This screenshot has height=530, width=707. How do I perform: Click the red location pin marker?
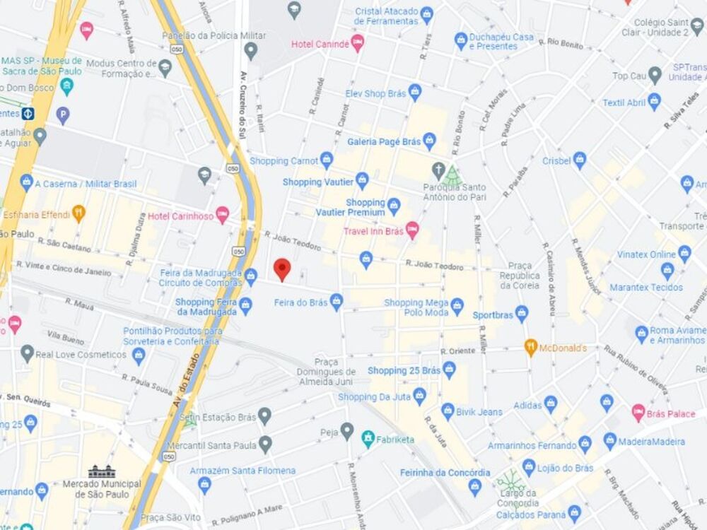coord(282,269)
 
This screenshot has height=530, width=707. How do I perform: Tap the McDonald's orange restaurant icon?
coord(531,347)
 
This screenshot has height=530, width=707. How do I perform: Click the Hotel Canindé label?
coord(320,44)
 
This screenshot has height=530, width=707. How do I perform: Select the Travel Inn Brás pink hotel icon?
coord(412,230)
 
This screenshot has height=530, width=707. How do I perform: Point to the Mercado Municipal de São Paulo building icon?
coord(101,471)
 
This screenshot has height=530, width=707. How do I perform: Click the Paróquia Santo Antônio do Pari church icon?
coord(439,171)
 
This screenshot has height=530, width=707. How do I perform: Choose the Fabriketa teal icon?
coord(368,439)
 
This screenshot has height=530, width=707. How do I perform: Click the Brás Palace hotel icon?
coord(638,413)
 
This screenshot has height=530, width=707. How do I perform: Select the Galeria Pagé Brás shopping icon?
coord(429,141)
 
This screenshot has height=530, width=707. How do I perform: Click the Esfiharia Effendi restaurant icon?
coord(78,213)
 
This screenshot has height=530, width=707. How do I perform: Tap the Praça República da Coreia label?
coord(520,274)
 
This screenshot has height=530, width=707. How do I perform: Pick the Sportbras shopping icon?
coord(522,314)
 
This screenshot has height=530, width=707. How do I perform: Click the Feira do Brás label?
coord(300,302)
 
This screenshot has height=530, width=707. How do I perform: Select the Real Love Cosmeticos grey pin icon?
coord(27,354)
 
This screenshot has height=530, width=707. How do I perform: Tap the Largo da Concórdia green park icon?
coord(510,481)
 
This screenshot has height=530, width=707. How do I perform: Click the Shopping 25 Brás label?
coord(404,370)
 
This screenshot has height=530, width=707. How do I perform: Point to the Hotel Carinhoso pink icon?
coord(223,216)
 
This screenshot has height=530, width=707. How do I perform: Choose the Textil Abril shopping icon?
coord(654,102)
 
